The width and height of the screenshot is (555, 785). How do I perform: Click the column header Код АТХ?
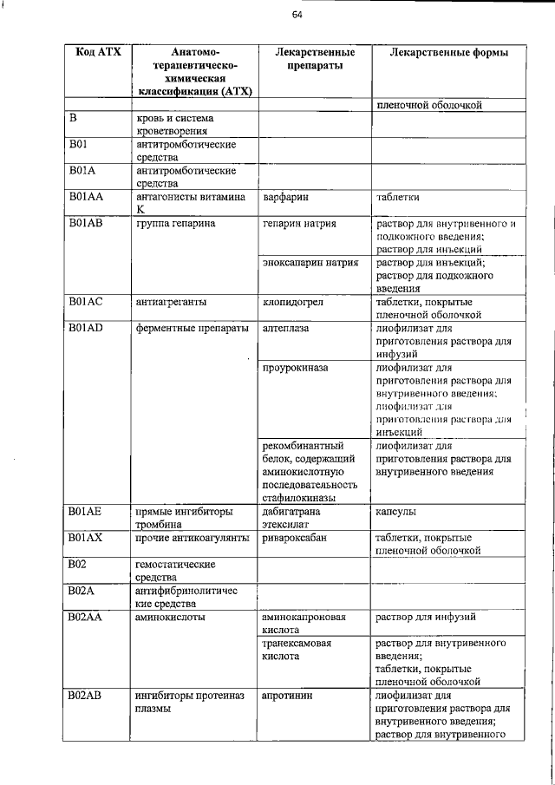[98, 53]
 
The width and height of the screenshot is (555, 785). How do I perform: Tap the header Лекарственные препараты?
[314, 59]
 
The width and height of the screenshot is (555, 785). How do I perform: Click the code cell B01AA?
[87, 197]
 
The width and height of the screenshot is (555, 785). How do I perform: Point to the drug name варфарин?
[285, 197]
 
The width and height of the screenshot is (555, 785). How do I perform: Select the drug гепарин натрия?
[299, 224]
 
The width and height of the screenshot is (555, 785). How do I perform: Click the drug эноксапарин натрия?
[311, 262]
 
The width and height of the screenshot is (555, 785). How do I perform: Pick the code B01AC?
[87, 301]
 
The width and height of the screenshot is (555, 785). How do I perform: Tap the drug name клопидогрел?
[295, 301]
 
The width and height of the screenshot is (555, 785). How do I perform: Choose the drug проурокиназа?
[295, 368]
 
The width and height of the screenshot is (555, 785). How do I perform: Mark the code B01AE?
[87, 512]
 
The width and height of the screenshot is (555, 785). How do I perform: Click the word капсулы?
[396, 512]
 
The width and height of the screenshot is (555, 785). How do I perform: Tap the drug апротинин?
[287, 696]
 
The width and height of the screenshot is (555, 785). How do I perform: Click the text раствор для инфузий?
[425, 617]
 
